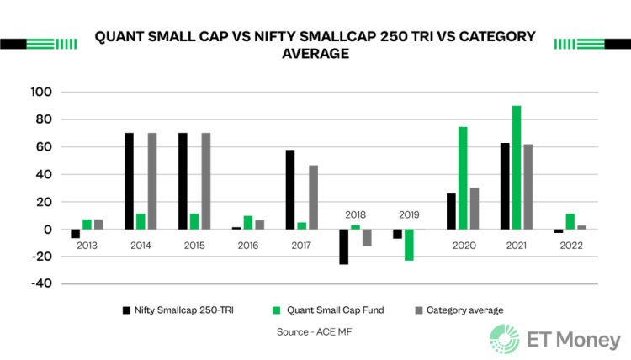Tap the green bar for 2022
tap(570, 221)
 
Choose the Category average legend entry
tap(462, 310)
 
